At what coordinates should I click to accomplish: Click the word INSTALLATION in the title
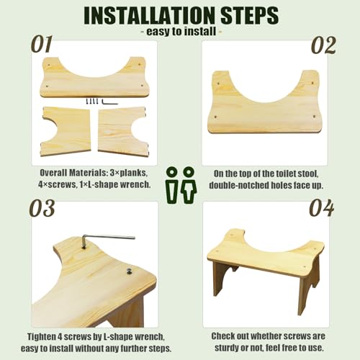coord(149,15)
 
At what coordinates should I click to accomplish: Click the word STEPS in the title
coord(250,15)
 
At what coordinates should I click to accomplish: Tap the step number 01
coord(42,45)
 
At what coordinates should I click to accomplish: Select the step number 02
coord(323,45)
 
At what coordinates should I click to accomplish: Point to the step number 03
coord(42,208)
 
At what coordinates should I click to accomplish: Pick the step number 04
coord(322,208)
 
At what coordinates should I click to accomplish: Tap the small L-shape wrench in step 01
coord(109,102)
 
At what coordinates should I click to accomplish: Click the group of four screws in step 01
coord(92,102)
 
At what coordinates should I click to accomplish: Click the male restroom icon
coord(172,185)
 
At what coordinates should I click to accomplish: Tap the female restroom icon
coord(189,185)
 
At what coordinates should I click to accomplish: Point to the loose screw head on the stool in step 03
coord(129,271)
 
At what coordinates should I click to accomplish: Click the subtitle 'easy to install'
coord(181,32)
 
